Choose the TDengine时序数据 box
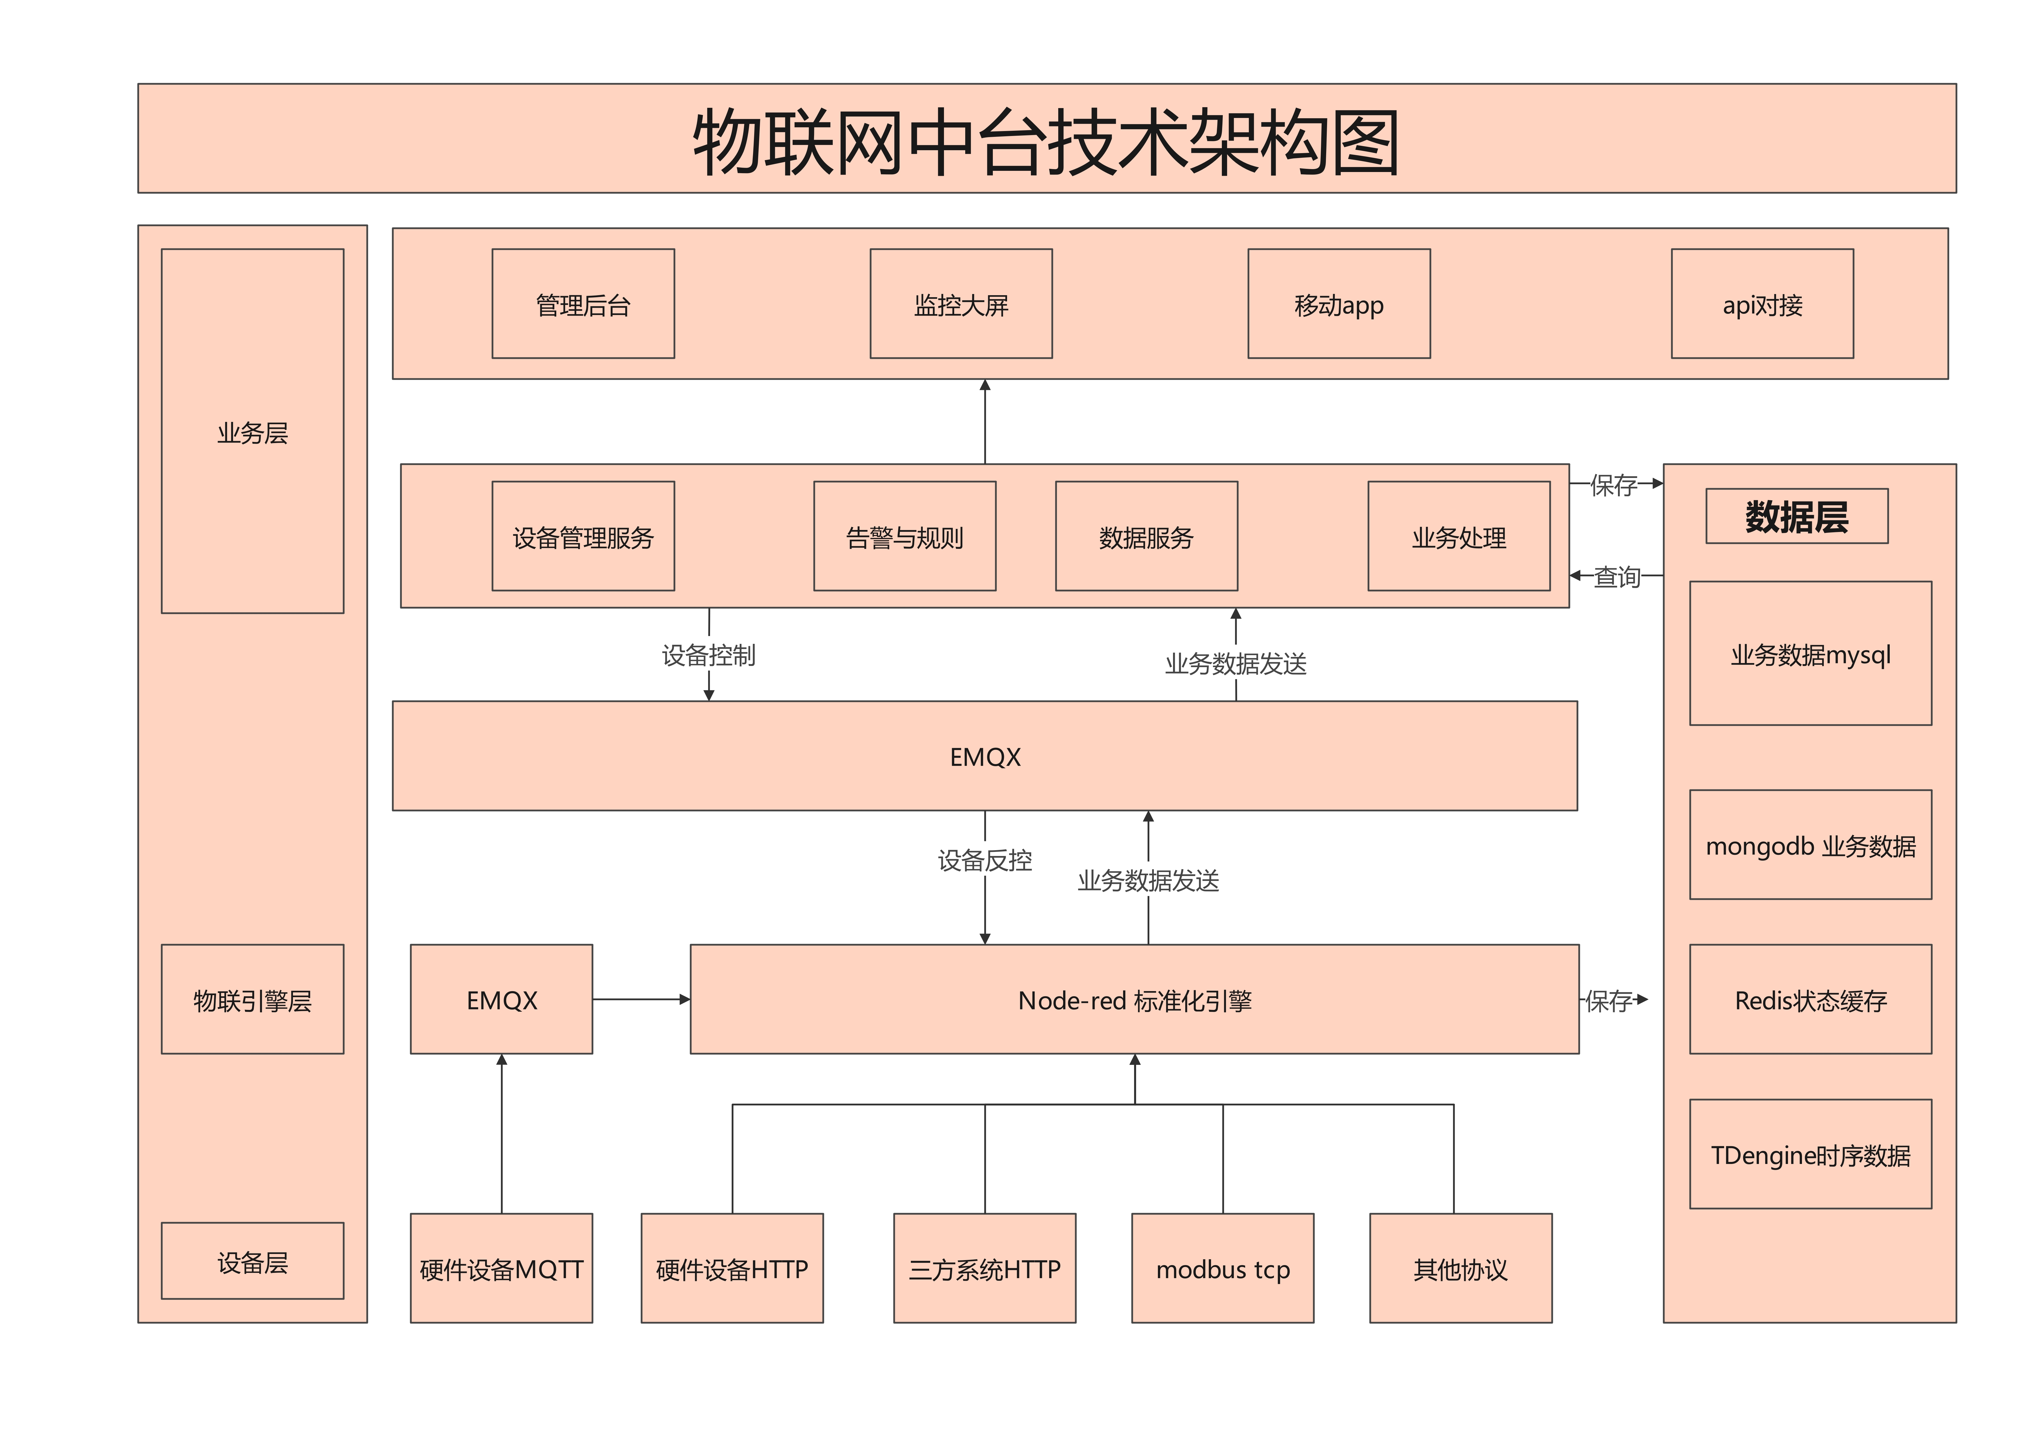click(x=1810, y=1154)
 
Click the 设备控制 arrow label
click(x=708, y=655)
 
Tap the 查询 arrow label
click(x=1616, y=577)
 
